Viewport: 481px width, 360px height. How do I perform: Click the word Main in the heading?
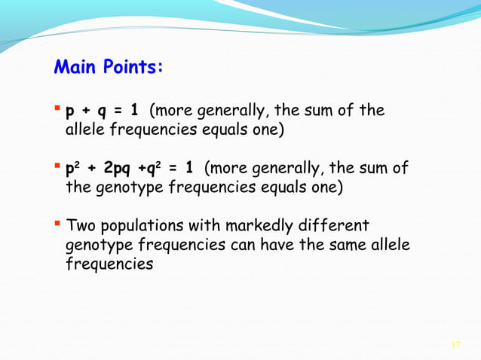[76, 67]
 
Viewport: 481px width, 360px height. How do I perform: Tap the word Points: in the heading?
[133, 67]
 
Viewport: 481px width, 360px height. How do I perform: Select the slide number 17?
[455, 345]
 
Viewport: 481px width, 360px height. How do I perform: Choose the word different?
[331, 226]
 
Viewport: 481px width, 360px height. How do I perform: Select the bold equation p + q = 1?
[103, 112]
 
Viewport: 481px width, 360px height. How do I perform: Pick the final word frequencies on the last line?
[110, 265]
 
